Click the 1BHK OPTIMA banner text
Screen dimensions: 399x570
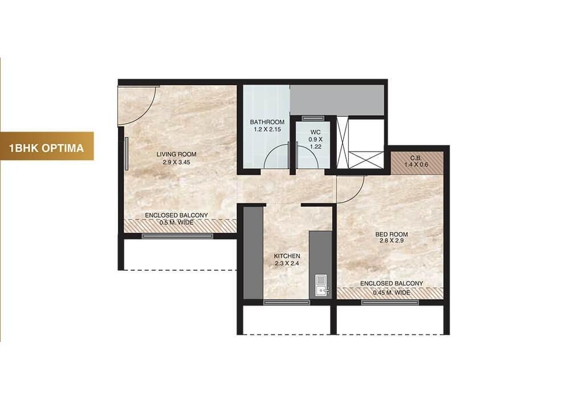tap(47, 148)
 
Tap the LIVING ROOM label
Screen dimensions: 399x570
tap(177, 154)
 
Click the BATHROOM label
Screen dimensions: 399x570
tap(267, 122)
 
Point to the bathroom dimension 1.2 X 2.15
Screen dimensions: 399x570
tap(267, 129)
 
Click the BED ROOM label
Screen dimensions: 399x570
tap(391, 234)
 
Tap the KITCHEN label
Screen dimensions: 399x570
tap(286, 256)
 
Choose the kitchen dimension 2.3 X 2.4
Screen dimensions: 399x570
tap(286, 264)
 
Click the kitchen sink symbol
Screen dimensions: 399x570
tap(321, 285)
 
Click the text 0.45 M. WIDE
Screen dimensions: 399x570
tap(391, 292)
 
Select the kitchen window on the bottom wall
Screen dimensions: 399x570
tap(287, 302)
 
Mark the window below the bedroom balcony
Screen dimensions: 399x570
tap(390, 302)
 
